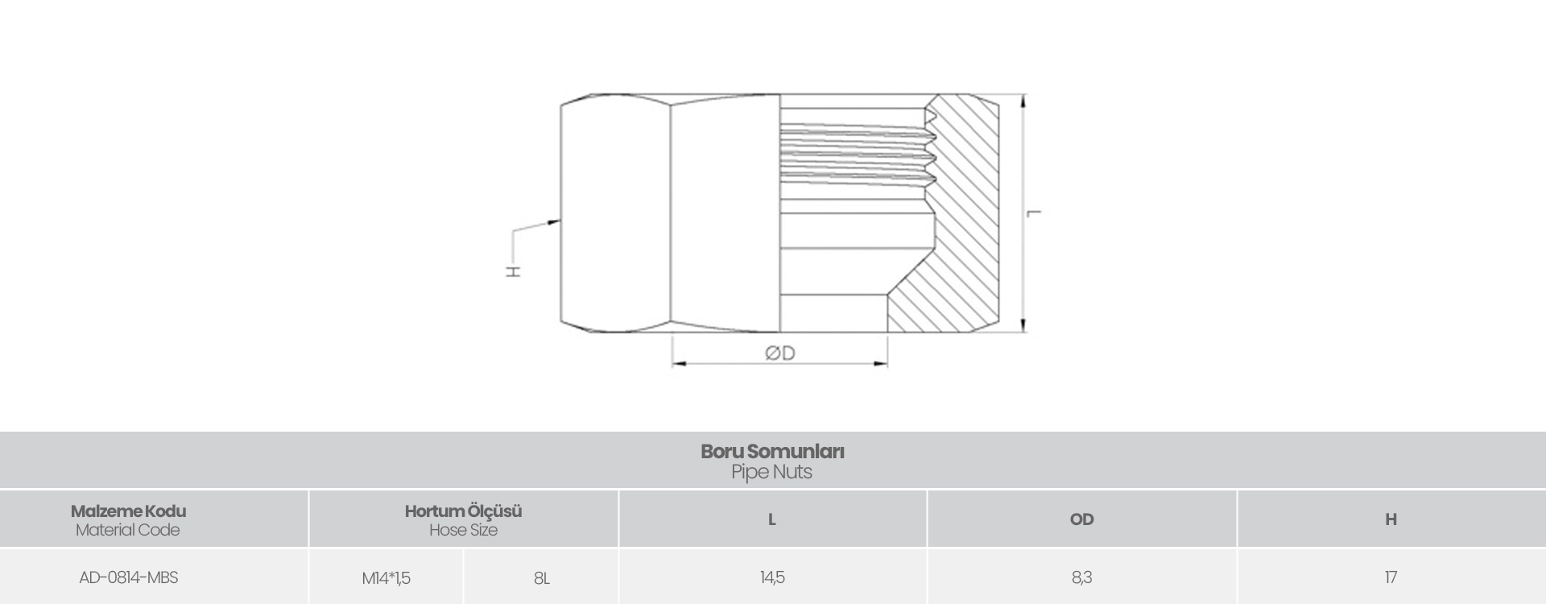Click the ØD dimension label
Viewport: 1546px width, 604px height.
pos(779,353)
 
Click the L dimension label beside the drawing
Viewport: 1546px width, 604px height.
pos(1035,213)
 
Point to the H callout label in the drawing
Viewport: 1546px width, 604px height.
pos(513,271)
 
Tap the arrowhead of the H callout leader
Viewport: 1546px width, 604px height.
pos(555,221)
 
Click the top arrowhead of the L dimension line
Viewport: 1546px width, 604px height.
pos(1023,101)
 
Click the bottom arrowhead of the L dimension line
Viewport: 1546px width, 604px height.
pos(1023,325)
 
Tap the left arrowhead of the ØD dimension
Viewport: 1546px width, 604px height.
pos(680,364)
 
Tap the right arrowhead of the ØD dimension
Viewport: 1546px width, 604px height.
pos(879,364)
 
